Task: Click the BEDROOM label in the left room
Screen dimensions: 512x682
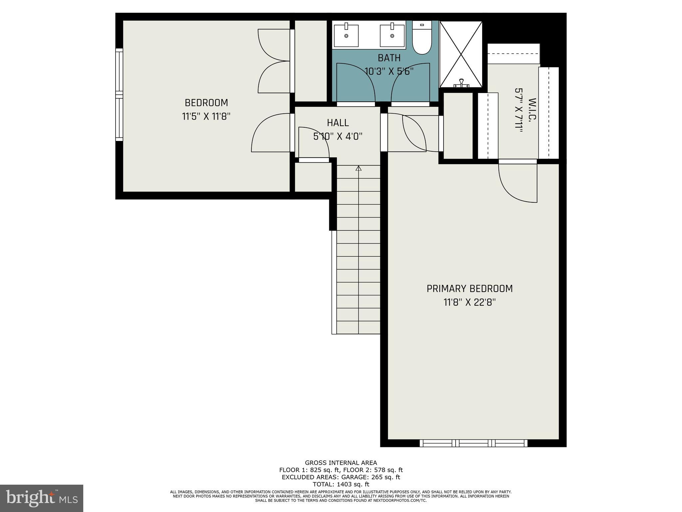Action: click(206, 103)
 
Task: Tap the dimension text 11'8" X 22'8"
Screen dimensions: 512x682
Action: click(470, 302)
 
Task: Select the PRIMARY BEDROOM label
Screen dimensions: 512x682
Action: click(470, 288)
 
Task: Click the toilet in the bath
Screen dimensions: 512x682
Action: click(422, 38)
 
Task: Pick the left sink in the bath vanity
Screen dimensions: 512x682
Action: click(346, 35)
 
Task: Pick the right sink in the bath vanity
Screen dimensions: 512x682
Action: click(392, 35)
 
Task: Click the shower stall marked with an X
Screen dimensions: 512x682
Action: click(461, 53)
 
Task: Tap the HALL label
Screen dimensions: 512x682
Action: click(338, 123)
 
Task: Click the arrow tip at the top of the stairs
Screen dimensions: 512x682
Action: click(358, 168)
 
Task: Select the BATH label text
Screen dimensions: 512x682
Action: click(389, 58)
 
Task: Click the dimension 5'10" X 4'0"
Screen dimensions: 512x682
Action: click(338, 136)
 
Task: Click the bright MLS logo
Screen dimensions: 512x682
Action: click(42, 498)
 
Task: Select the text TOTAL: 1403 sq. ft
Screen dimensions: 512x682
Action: click(341, 484)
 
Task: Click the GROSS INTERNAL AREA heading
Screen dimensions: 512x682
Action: click(341, 463)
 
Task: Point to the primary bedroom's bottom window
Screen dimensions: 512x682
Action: click(473, 443)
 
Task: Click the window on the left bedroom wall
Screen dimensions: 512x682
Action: click(119, 95)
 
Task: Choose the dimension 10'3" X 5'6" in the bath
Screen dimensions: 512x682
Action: click(389, 71)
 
